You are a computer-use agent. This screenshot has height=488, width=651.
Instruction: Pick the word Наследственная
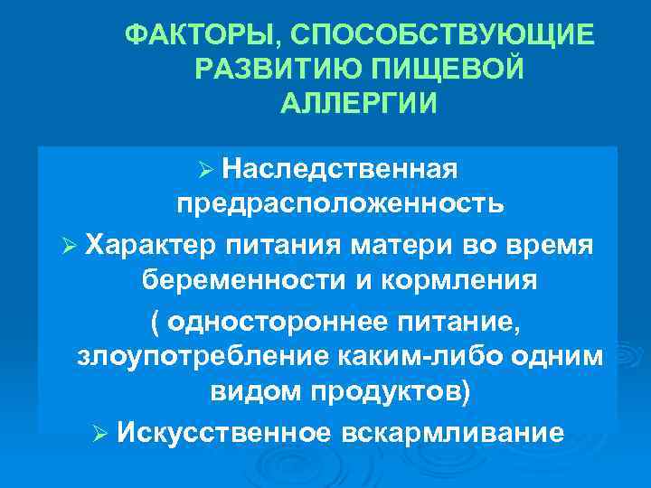click(340, 168)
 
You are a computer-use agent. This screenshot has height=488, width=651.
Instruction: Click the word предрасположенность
click(341, 202)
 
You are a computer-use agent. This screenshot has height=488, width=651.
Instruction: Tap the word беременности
click(231, 280)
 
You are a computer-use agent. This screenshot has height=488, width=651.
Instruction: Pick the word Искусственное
click(223, 432)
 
